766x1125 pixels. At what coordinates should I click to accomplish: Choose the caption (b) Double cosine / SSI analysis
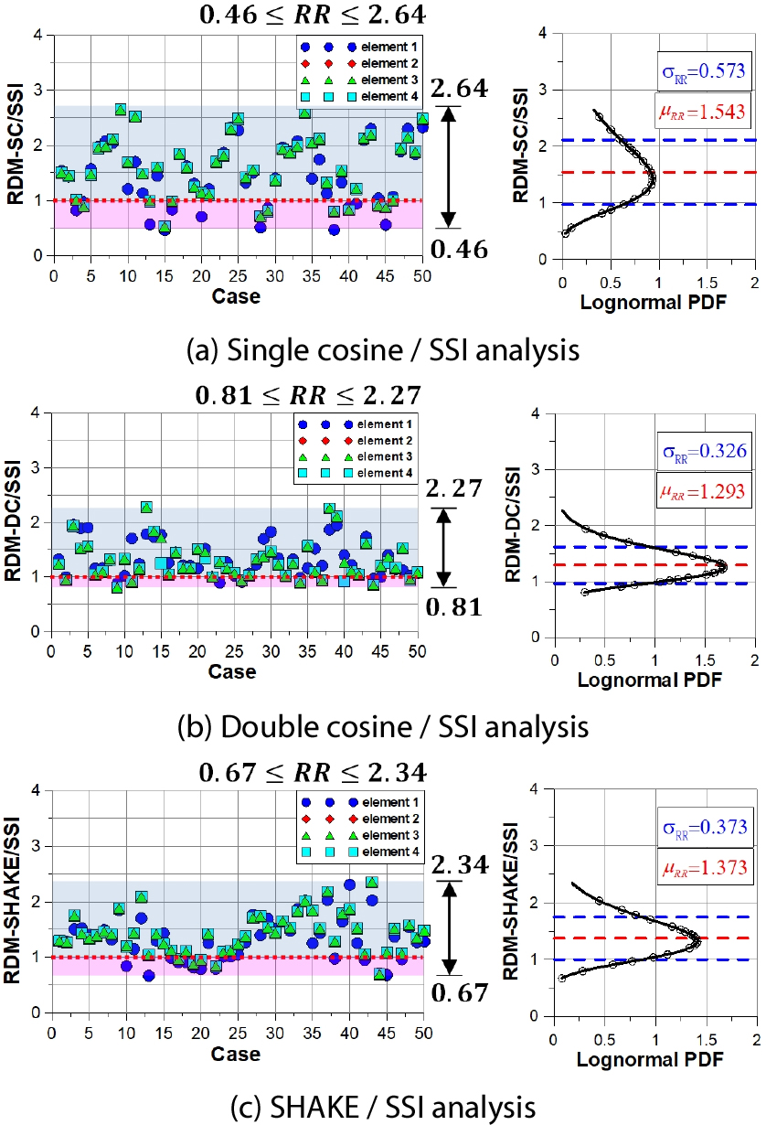tap(382, 727)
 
